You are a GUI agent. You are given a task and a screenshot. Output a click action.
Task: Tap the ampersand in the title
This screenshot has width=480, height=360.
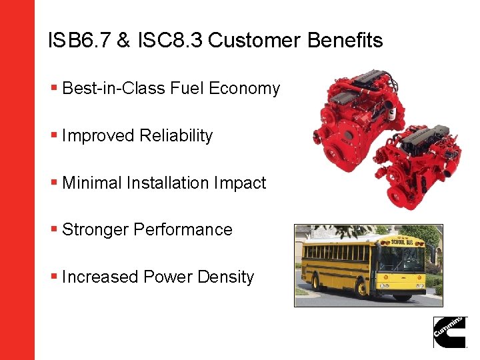[x=123, y=41]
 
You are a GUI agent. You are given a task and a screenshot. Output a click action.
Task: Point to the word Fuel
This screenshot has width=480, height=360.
[x=188, y=89]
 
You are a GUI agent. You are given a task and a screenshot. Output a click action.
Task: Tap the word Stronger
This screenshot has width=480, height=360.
[x=95, y=230]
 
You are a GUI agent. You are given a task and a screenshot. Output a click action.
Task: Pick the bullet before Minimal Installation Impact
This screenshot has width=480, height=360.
[x=53, y=183]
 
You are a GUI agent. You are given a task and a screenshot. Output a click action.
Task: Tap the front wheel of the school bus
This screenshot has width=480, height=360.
[x=361, y=289]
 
